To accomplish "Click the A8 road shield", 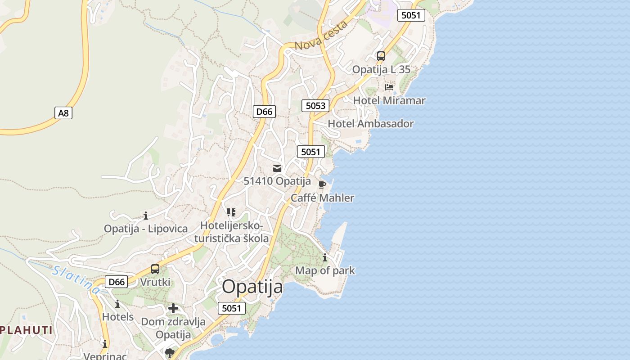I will coord(63,113).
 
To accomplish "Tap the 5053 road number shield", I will coord(315,106).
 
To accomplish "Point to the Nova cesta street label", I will coord(321,36).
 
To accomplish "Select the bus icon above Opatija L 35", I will coord(381,56).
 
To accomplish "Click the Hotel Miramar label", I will coord(389,100).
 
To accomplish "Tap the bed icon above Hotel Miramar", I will coord(389,87).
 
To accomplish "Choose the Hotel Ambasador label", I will coord(370,124).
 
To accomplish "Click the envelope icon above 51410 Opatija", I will coord(277,168).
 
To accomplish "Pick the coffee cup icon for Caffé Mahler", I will coord(322,184).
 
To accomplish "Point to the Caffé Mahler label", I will coord(322,198).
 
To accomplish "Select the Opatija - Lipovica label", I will coord(146,229).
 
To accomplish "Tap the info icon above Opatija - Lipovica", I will coord(146,216).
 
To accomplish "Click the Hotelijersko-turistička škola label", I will coord(231,232).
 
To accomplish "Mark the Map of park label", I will coord(325,271).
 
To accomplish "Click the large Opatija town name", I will coord(252,287).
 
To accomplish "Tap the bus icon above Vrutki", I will coord(155,269).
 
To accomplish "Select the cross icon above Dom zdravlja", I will coord(173,308).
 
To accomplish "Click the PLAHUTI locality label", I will coord(26,330).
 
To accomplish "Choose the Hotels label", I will coord(118,317).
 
